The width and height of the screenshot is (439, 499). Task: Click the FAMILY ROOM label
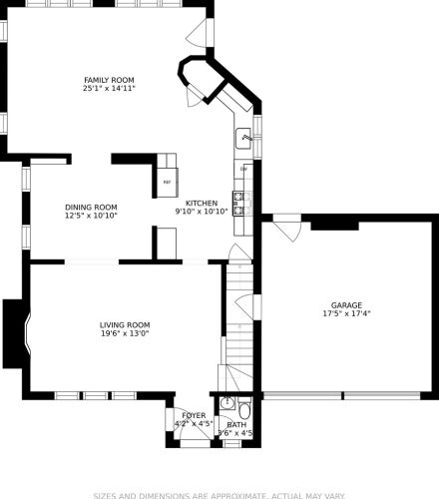click(x=109, y=80)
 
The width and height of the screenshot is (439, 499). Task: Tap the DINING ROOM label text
click(x=91, y=208)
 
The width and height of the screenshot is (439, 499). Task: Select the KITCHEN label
click(x=202, y=203)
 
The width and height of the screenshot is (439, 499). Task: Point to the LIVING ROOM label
click(x=125, y=325)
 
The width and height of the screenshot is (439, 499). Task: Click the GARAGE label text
click(x=346, y=305)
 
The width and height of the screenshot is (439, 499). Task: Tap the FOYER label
click(x=194, y=415)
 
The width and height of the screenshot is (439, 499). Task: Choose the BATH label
click(x=236, y=425)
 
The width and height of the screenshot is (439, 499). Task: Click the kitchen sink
click(x=243, y=138)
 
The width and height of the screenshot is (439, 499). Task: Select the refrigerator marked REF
click(x=168, y=183)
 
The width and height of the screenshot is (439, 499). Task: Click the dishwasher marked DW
click(x=243, y=170)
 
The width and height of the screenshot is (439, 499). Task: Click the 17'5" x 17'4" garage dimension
click(x=346, y=313)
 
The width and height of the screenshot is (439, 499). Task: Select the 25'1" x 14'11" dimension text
click(x=109, y=89)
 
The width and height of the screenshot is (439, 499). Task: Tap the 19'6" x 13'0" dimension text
click(x=125, y=333)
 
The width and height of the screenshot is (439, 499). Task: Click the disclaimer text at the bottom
click(x=219, y=496)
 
